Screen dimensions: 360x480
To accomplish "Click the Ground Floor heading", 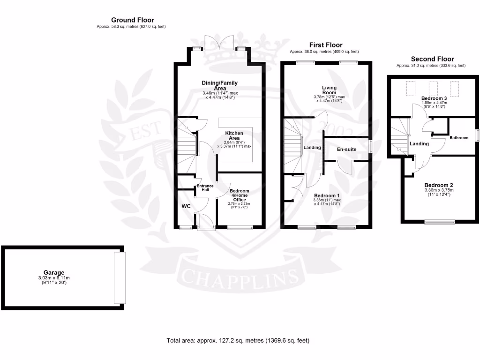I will click(x=132, y=20).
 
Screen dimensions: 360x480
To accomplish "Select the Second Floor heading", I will click(x=432, y=59).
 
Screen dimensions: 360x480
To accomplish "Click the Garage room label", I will click(x=54, y=272).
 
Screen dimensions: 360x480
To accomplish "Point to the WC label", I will click(x=186, y=206).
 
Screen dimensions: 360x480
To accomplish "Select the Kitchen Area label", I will click(x=234, y=136).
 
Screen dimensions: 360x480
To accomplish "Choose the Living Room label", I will click(x=330, y=90).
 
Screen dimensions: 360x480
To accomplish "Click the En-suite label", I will click(x=347, y=149).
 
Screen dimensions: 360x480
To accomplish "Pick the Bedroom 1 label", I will click(x=327, y=195).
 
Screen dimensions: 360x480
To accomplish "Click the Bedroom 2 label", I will click(x=438, y=185).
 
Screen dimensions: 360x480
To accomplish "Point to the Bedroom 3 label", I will click(x=433, y=98).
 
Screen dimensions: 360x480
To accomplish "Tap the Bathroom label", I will click(x=459, y=138).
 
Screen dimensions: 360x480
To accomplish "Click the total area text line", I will click(x=238, y=340).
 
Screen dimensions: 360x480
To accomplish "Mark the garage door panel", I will click(x=120, y=277).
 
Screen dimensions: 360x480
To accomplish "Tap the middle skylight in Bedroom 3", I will click(x=433, y=88).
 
